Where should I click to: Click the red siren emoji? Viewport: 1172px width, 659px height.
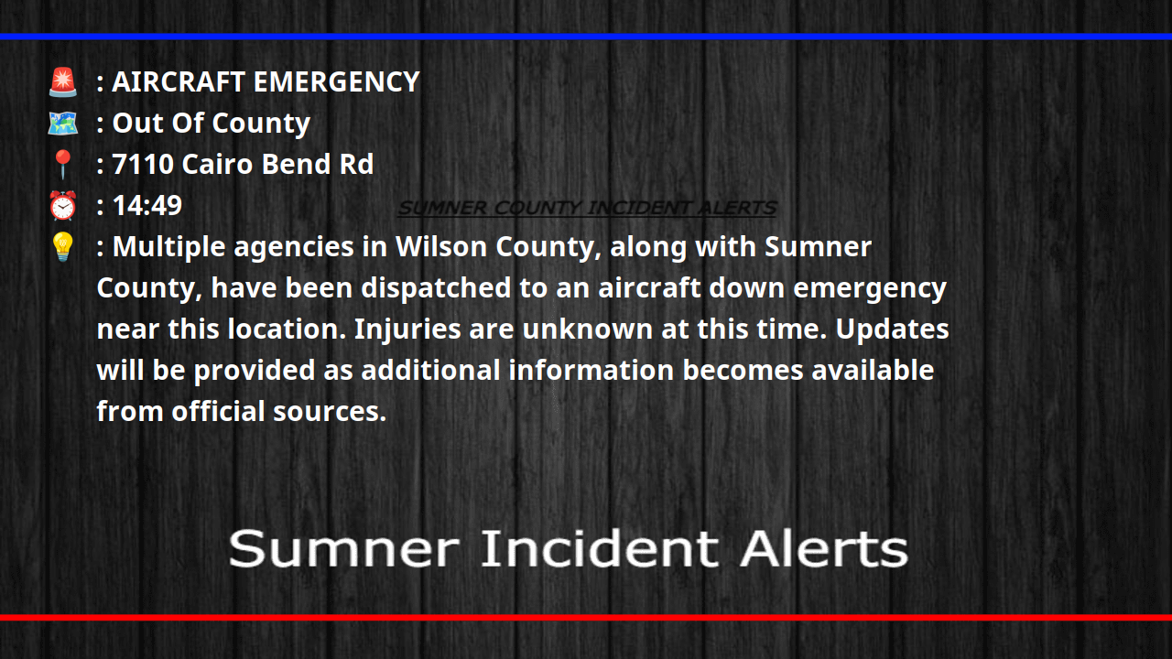point(62,82)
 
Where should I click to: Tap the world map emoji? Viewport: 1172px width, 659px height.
point(62,123)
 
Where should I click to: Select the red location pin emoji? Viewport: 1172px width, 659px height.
point(62,165)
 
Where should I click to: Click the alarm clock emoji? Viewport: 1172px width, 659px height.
point(62,206)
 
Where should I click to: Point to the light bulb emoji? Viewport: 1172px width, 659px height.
point(62,247)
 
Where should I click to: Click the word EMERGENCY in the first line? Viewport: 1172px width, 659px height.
point(336,82)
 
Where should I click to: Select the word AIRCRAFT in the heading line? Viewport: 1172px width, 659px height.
point(179,82)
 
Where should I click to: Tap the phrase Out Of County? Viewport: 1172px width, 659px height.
point(211,124)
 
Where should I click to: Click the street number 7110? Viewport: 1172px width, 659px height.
point(143,165)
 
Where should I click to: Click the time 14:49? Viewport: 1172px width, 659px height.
point(146,206)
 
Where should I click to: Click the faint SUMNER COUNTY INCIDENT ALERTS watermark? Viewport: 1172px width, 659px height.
point(587,209)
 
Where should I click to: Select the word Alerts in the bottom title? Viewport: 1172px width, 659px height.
point(824,549)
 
